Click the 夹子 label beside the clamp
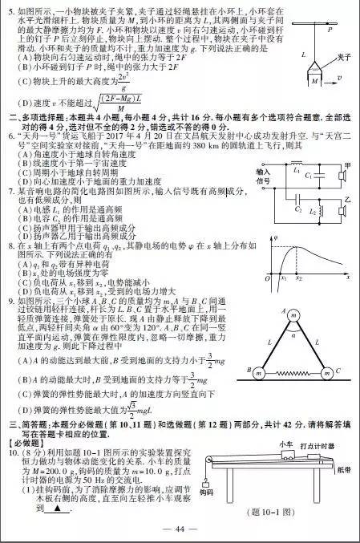pyautogui.click(x=344, y=57)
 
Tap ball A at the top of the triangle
pyautogui.click(x=293, y=315)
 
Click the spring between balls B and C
pyautogui.click(x=293, y=373)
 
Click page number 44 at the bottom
pyautogui.click(x=180, y=528)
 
